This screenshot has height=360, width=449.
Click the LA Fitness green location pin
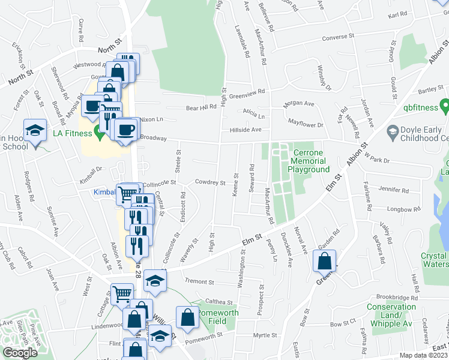tap(100, 132)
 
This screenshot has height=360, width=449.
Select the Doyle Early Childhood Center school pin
tap(393, 131)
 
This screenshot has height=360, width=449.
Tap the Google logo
tap(20, 353)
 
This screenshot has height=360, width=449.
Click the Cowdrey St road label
tap(209, 182)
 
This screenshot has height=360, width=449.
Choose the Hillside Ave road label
tap(245, 130)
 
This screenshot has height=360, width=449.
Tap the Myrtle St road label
tap(264, 335)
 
